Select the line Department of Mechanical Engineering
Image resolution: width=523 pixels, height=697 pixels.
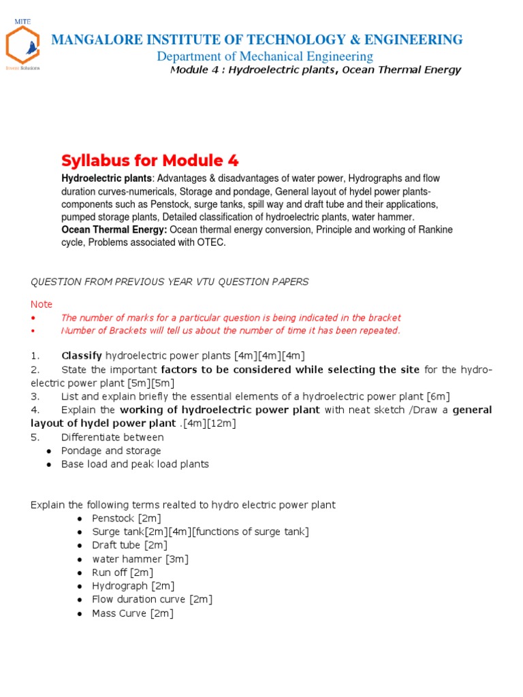coord(265,56)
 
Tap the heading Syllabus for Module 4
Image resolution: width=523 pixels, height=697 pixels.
coord(150,161)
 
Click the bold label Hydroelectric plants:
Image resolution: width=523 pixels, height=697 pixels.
coord(106,178)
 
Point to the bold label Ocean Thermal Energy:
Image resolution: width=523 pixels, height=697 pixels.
coord(114,230)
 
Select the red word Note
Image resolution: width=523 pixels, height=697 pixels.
coord(42,304)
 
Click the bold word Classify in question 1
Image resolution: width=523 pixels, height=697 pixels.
coord(82,356)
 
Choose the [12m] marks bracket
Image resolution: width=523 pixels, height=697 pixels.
coord(223,423)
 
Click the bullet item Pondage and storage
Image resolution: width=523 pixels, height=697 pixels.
coord(111,451)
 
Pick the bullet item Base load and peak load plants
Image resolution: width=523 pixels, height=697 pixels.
coord(135,464)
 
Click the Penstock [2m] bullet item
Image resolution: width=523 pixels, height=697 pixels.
coord(127,519)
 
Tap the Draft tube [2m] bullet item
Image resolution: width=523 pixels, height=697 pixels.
coord(129,545)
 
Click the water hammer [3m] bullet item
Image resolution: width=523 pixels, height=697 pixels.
coord(140,559)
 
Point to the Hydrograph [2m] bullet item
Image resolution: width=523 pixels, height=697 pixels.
coord(133,586)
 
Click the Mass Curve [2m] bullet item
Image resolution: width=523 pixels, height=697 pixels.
coord(133,613)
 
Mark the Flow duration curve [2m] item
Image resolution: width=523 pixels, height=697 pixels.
coord(153,600)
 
